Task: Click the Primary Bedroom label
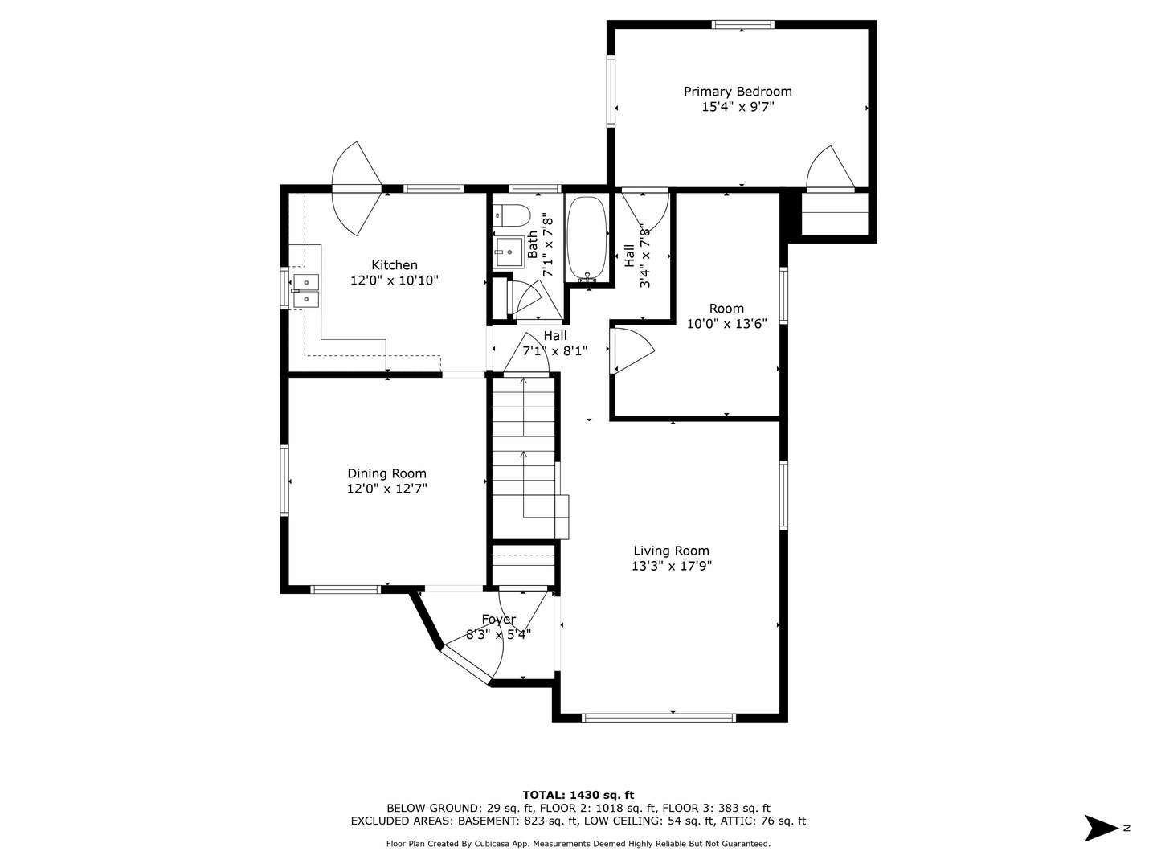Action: [738, 92]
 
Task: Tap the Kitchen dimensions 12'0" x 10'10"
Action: [395, 280]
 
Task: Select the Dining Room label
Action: [386, 473]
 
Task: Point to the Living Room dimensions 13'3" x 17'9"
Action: [671, 566]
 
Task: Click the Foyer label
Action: [498, 619]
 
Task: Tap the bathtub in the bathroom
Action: [587, 239]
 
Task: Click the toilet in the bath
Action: [512, 215]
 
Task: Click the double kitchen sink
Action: [305, 290]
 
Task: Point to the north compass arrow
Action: [1100, 828]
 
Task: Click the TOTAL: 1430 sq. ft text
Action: [578, 795]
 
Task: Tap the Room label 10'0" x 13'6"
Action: [726, 316]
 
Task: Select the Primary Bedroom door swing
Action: [831, 170]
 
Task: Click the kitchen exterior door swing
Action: [357, 188]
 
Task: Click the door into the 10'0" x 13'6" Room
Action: [632, 351]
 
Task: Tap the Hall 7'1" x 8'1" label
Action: [555, 343]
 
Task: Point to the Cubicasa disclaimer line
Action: [578, 844]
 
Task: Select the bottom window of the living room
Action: [658, 717]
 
